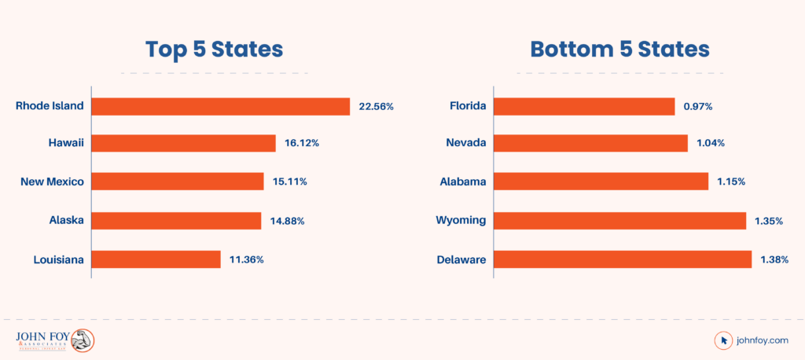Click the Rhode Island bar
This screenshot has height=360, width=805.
point(220,106)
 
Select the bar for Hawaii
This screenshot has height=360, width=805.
point(183,143)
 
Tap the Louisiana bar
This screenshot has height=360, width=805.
point(156,259)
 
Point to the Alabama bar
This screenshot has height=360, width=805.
point(601,182)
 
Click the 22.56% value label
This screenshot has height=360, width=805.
point(376,106)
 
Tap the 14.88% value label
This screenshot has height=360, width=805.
point(287,221)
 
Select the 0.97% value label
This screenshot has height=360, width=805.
point(697,106)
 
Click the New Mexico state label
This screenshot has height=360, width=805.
point(52,182)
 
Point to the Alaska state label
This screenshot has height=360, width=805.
point(66,221)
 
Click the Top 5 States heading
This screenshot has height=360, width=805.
point(214,50)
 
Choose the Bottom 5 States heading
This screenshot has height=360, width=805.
point(620,50)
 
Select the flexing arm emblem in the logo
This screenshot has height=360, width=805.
point(82,340)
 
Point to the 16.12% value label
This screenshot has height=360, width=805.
point(302,143)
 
